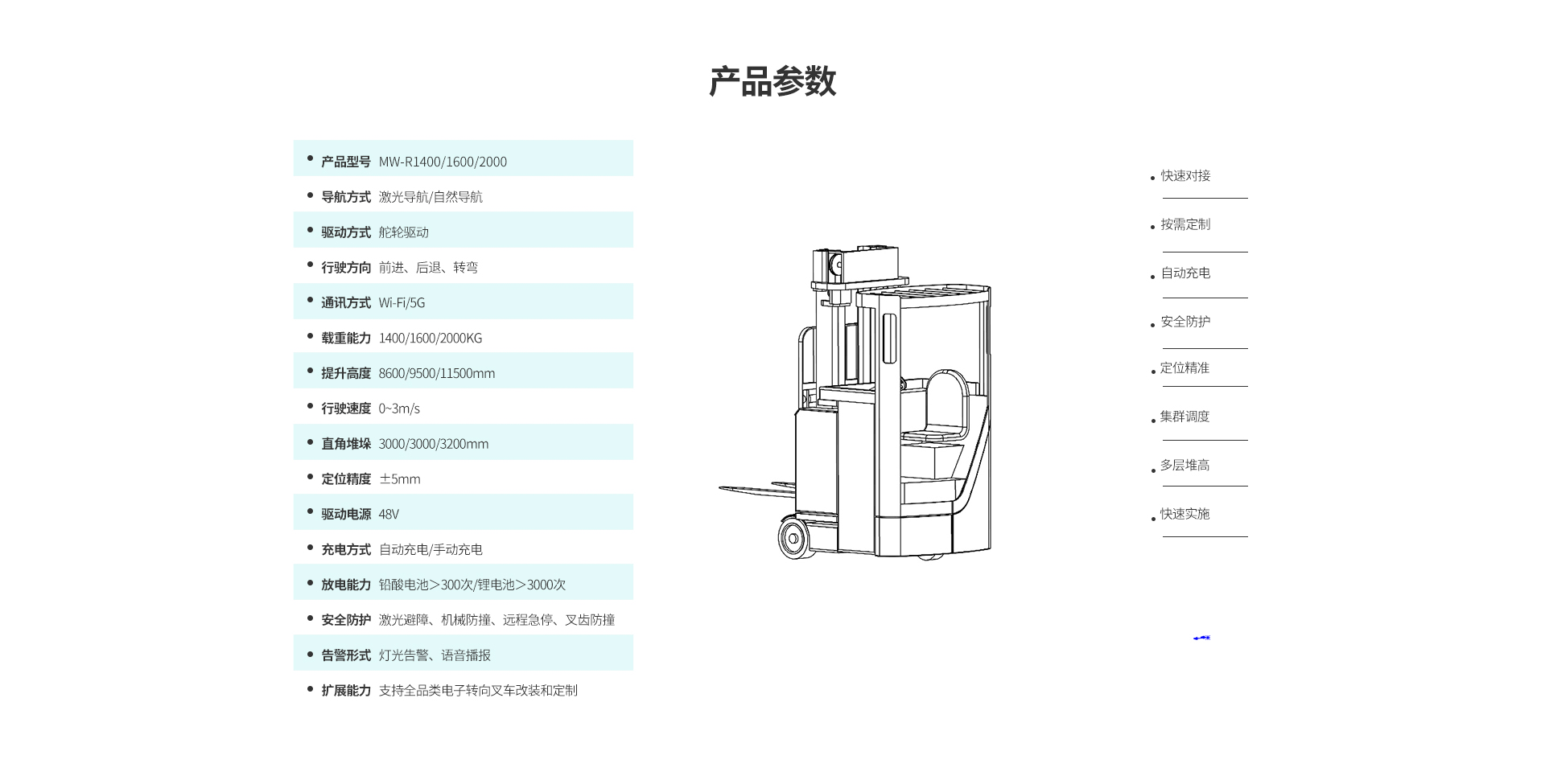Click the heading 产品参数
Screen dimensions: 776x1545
pyautogui.click(x=772, y=81)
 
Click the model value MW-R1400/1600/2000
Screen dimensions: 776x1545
pyautogui.click(x=443, y=162)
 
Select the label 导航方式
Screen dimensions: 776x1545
pyautogui.click(x=346, y=197)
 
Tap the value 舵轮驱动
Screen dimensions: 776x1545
pyautogui.click(x=403, y=232)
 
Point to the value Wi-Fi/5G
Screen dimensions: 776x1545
pyautogui.click(x=402, y=303)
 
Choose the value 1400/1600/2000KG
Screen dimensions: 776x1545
pyautogui.click(x=430, y=339)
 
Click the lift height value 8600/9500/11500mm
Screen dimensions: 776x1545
pyautogui.click(x=436, y=374)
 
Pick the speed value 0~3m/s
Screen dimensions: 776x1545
pyautogui.click(x=399, y=409)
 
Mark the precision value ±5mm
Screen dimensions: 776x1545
pyautogui.click(x=399, y=479)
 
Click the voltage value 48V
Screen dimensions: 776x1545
pyautogui.click(x=389, y=515)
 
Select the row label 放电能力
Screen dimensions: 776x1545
pyautogui.click(x=346, y=585)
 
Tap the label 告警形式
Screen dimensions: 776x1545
pyautogui.click(x=346, y=655)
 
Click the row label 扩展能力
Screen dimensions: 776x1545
pyautogui.click(x=346, y=691)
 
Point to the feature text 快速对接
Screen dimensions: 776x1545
pyautogui.click(x=1185, y=176)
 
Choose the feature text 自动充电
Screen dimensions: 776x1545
pyautogui.click(x=1185, y=273)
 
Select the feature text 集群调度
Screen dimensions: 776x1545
pyautogui.click(x=1184, y=417)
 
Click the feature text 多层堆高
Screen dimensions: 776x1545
pyautogui.click(x=1184, y=466)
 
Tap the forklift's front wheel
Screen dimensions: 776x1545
pyautogui.click(x=794, y=536)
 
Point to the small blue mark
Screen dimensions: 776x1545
pyautogui.click(x=1201, y=638)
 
